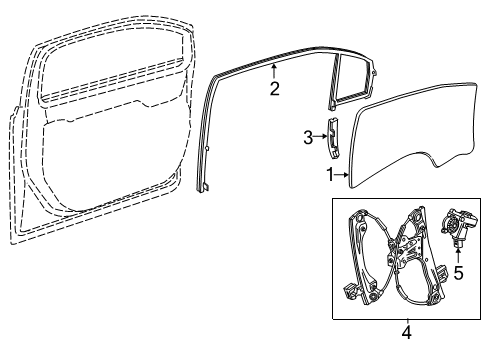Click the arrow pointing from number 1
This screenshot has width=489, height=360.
tap(342, 175)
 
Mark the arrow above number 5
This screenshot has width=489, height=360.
tap(458, 257)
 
